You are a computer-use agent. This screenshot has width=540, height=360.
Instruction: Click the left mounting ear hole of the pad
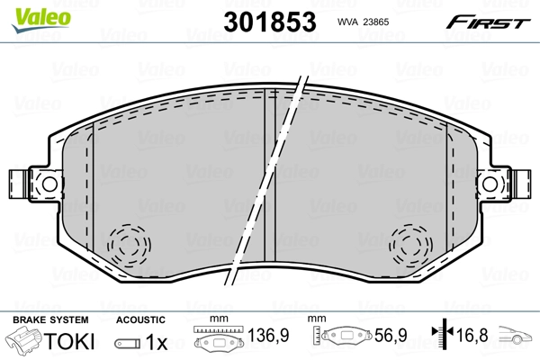(24, 184)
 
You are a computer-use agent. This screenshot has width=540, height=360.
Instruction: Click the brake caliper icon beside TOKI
(24, 342)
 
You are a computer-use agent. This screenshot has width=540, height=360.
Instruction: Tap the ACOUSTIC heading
(140, 319)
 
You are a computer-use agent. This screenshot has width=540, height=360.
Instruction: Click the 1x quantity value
(157, 343)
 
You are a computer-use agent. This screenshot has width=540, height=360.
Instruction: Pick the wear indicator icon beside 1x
(127, 343)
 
